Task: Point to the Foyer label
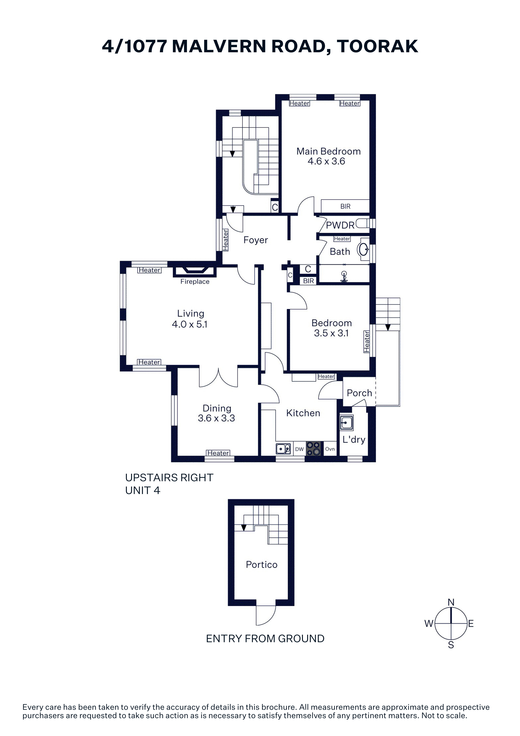tap(256, 240)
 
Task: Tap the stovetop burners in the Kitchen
tap(313, 448)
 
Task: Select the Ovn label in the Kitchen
tap(330, 449)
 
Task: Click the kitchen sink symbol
tap(284, 449)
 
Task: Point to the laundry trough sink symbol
tap(346, 423)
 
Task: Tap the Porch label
tap(359, 393)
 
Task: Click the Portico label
tap(262, 565)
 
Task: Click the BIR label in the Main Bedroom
tap(345, 207)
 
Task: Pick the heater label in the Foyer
tap(225, 240)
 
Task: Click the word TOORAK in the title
tap(377, 46)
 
